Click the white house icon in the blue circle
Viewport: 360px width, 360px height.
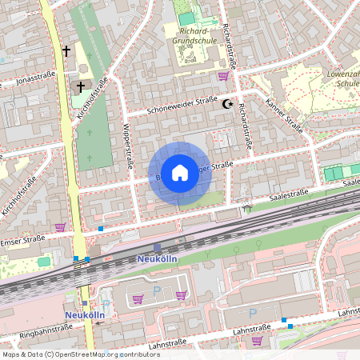(x=180, y=172)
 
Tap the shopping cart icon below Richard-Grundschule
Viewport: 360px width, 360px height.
(x=222, y=76)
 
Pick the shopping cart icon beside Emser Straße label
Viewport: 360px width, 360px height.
(x=60, y=227)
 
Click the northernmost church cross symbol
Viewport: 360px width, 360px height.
(x=66, y=51)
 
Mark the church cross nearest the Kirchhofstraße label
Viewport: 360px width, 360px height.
(x=80, y=86)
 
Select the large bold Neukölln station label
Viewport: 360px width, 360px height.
(x=157, y=260)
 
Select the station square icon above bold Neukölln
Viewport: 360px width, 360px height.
(x=157, y=248)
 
